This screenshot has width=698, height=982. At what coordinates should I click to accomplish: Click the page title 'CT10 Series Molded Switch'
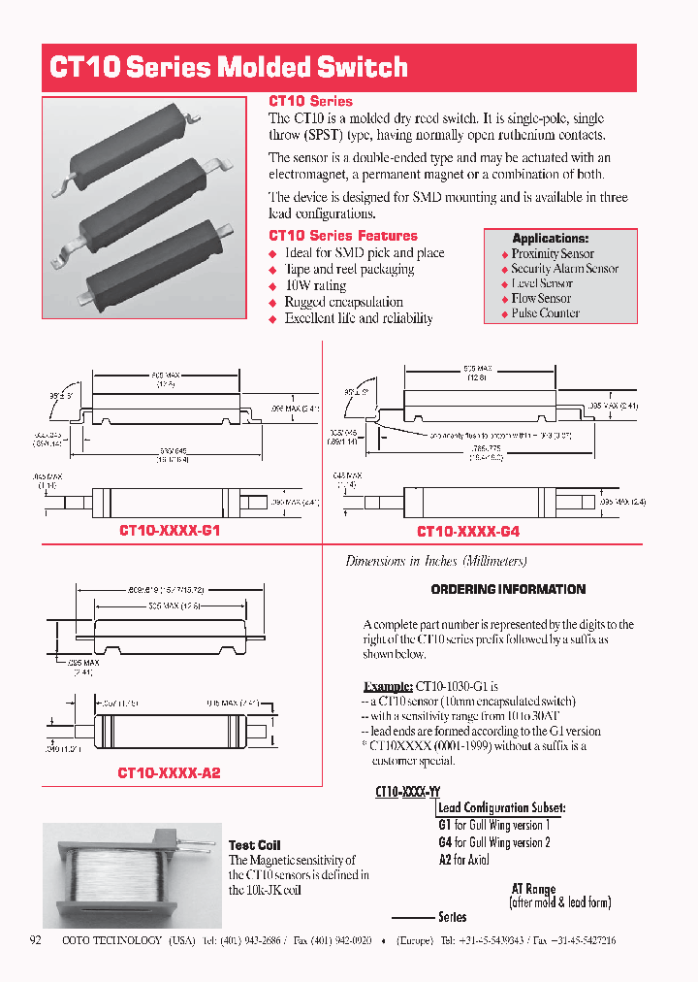pos(229,68)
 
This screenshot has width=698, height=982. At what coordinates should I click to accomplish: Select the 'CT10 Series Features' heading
pos(342,236)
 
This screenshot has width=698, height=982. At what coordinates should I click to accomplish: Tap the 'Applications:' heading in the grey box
pos(550,239)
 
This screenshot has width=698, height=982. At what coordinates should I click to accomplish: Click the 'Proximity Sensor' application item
pos(553,254)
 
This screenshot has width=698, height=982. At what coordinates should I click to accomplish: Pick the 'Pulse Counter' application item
pos(545,313)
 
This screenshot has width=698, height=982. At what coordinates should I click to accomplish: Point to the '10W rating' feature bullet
pos(315,286)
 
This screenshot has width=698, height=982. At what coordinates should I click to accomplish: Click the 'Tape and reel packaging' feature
pos(349,270)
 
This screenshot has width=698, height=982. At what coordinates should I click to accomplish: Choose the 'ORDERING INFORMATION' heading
pos(508,589)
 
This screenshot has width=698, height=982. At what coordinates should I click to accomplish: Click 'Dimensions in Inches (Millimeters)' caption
pos(436,562)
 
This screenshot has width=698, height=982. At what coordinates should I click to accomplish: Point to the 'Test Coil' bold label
pos(254,845)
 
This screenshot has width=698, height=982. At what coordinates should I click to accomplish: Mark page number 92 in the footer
pos(37,940)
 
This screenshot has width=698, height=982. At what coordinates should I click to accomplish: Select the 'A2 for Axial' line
pos(463,860)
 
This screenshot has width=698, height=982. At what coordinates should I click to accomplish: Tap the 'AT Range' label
pos(533,889)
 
